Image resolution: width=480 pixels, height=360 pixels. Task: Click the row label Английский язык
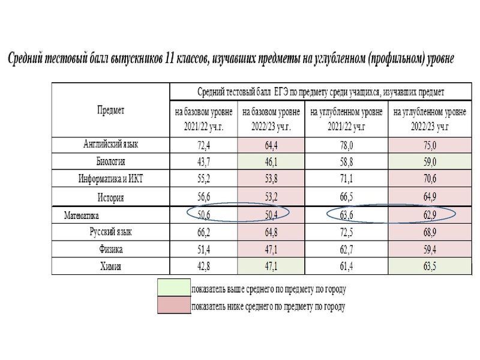(110, 145)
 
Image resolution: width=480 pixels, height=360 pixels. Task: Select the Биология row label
(110, 161)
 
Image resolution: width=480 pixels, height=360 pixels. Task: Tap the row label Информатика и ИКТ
(110, 179)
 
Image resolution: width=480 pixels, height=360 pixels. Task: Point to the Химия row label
(110, 266)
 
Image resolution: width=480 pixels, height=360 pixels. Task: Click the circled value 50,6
(204, 214)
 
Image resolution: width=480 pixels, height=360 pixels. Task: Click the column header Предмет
(110, 110)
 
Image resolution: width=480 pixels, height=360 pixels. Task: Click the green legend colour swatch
(173, 288)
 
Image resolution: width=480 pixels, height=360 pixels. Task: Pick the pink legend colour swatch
(173, 306)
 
